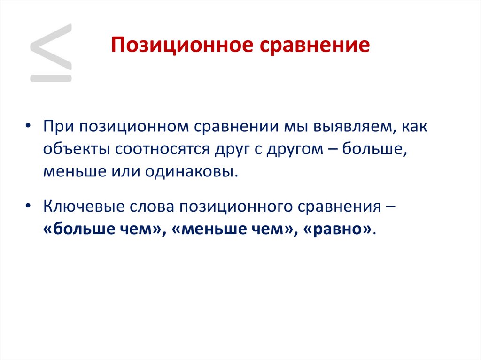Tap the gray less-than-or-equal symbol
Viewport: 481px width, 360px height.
pyautogui.click(x=51, y=53)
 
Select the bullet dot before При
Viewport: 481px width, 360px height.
pyautogui.click(x=29, y=128)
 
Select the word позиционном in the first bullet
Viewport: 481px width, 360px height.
pyautogui.click(x=129, y=128)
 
